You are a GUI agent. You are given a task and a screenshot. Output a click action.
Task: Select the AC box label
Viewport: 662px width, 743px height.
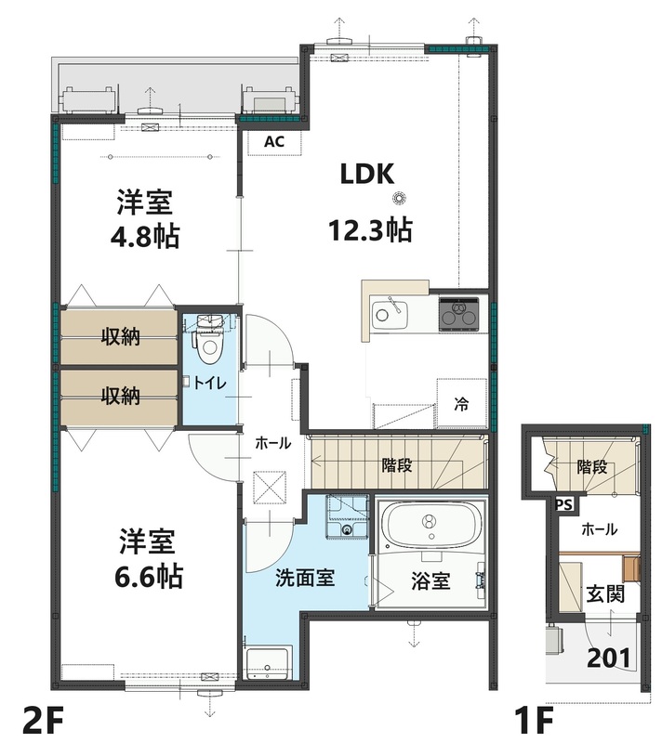coord(274,142)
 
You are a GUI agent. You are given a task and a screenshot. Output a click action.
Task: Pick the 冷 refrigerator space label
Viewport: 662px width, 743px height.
coord(460,404)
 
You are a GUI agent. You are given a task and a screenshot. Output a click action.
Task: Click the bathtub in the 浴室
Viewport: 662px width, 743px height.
coord(430,528)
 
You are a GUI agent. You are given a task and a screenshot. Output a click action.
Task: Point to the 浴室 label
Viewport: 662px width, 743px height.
coord(430,581)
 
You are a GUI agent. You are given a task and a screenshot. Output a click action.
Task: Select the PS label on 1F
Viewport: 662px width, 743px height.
coord(563,505)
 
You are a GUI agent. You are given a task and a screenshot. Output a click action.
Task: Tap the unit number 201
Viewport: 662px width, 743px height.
coord(610,658)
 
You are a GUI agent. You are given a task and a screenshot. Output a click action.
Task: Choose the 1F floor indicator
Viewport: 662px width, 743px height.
coord(537,720)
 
